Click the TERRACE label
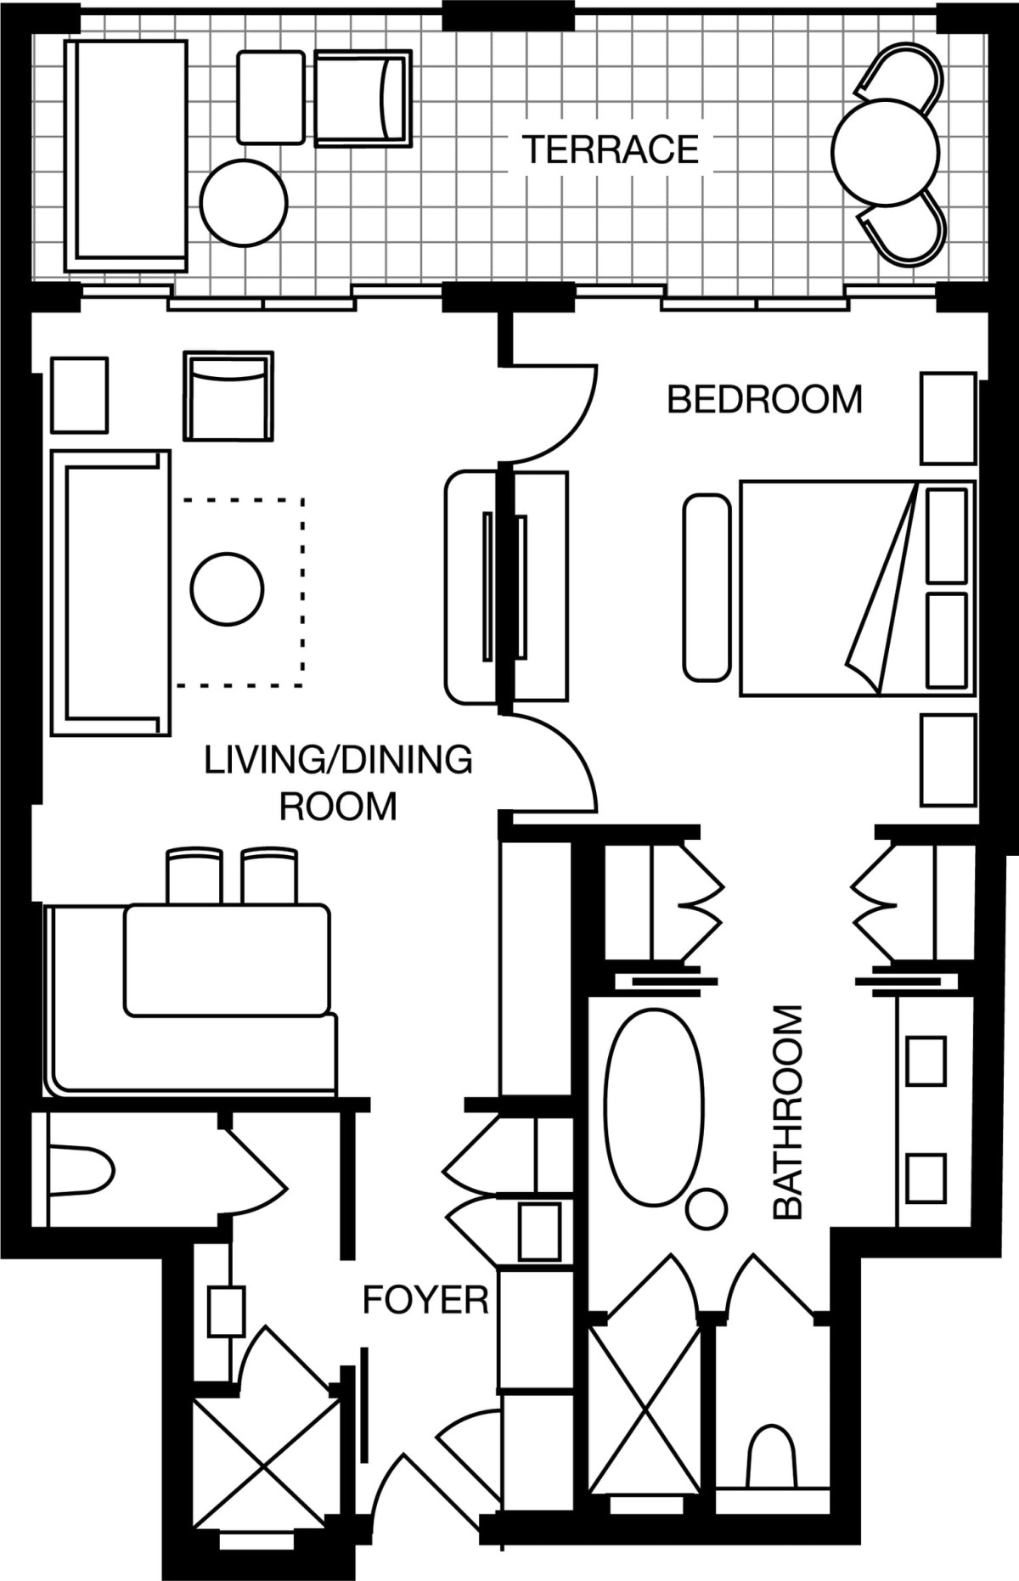(610, 149)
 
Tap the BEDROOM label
(764, 399)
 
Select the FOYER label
(425, 1300)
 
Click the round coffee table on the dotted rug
(227, 588)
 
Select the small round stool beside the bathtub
(706, 1209)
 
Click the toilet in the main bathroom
(772, 1457)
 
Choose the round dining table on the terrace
(886, 153)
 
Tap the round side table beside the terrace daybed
(244, 203)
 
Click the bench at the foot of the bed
(707, 588)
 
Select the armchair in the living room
(228, 396)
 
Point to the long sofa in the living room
(110, 593)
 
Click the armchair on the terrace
(363, 98)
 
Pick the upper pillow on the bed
(947, 536)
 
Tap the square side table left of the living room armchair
(79, 395)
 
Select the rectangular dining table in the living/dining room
(227, 960)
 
